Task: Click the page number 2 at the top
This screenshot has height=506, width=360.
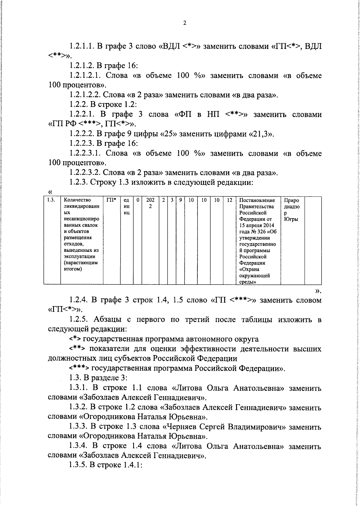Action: pos(184,23)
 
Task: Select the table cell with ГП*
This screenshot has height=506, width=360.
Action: pos(111,200)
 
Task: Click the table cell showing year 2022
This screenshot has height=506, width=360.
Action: pos(150,203)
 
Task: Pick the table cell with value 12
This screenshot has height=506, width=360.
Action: pos(229,200)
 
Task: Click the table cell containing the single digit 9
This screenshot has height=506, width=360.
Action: pos(180,200)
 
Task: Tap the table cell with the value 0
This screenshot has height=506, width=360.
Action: pos(138,200)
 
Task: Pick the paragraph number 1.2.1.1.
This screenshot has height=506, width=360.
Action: pos(82,46)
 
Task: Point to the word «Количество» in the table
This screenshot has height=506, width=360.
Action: pos(77,200)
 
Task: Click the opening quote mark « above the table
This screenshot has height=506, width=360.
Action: pos(50,192)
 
